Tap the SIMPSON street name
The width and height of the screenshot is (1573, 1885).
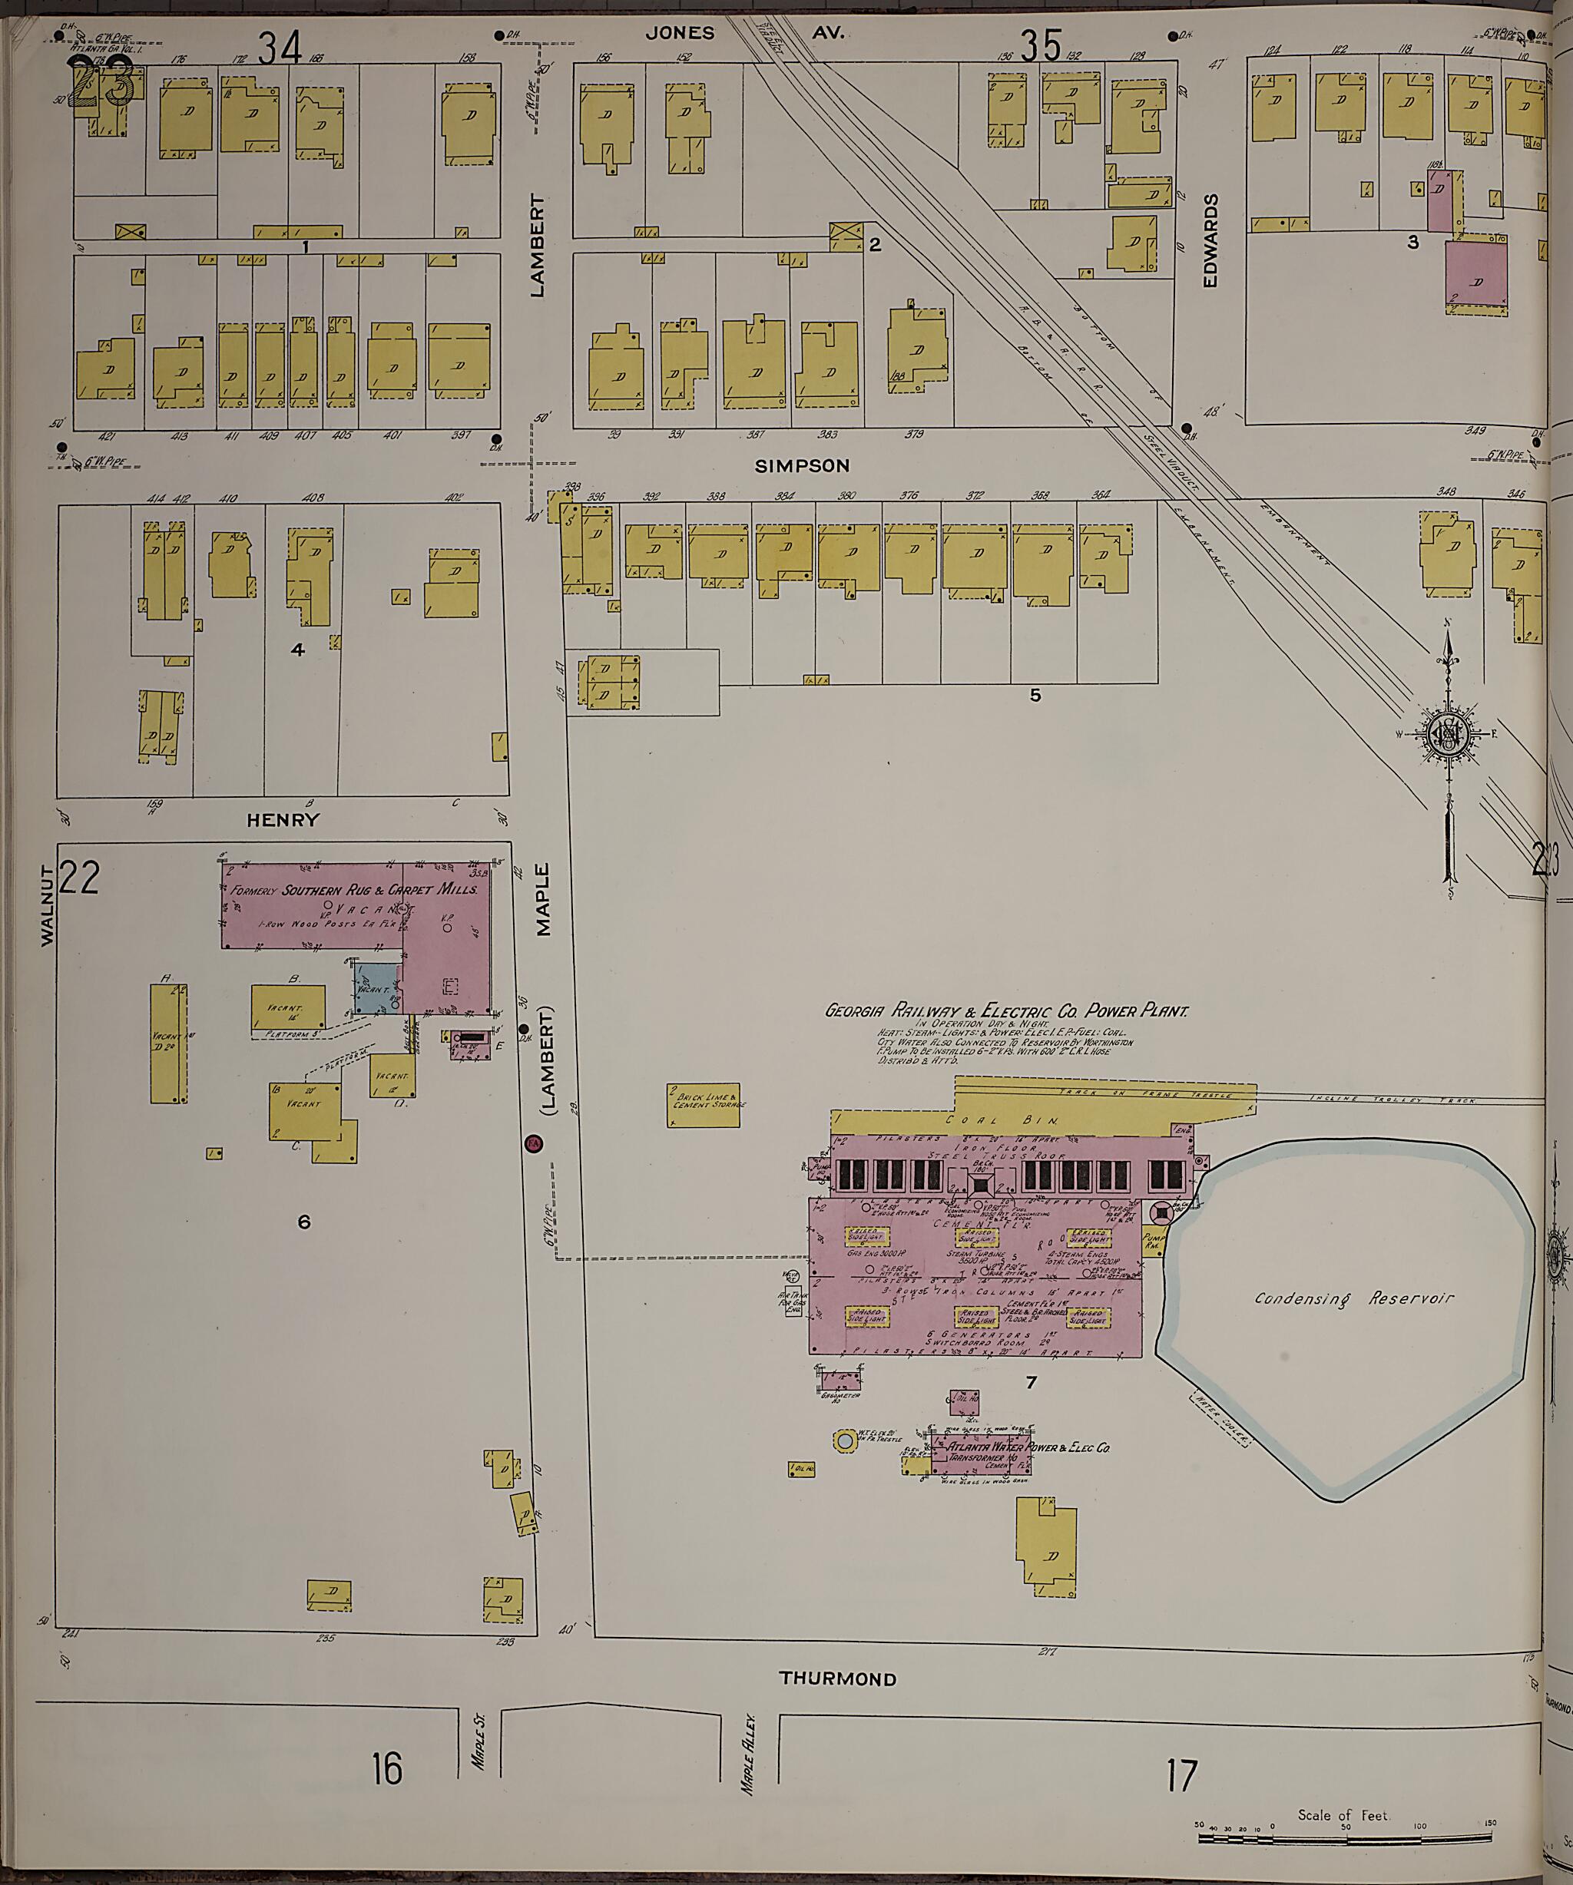coord(802,466)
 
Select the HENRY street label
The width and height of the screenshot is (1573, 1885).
coord(283,819)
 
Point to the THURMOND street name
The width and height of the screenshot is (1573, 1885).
coord(836,1678)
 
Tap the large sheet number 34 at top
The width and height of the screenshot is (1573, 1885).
coord(280,47)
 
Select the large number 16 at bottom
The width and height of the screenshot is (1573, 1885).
coord(387,1768)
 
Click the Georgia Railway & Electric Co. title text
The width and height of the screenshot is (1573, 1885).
coord(1005,1010)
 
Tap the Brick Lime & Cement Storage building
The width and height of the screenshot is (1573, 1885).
coord(707,1105)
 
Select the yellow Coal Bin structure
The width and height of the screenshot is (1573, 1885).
coord(997,1119)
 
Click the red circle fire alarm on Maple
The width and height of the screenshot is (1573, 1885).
coord(532,1145)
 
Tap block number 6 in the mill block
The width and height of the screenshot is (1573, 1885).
coord(303,1222)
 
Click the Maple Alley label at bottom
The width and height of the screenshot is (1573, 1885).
coord(746,1758)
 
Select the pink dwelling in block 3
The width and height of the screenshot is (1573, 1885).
coord(1476,275)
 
